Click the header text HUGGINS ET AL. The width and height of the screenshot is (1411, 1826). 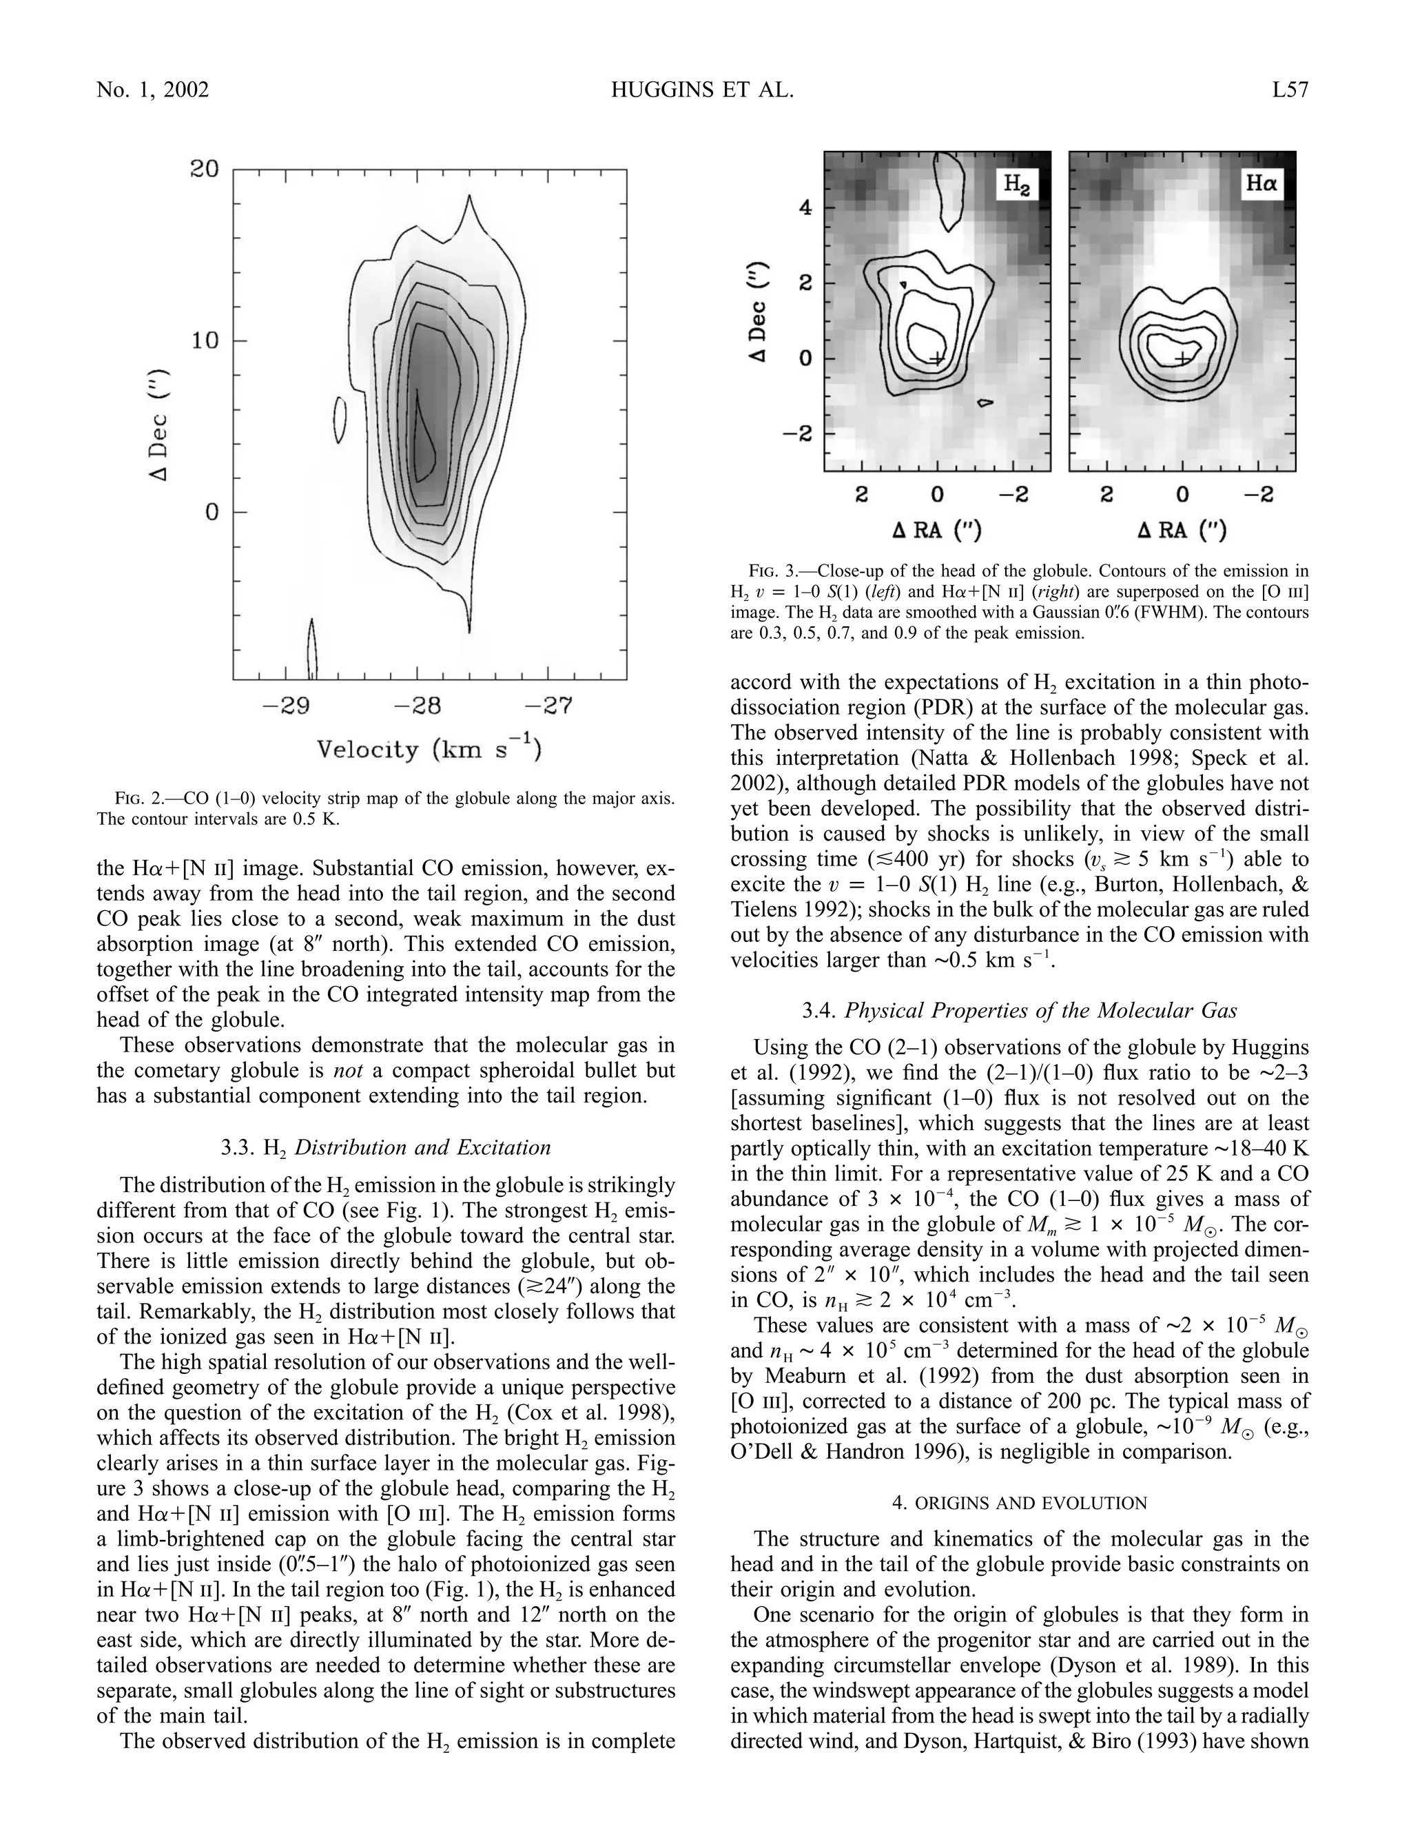click(702, 90)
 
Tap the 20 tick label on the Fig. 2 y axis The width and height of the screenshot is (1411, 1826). click(204, 169)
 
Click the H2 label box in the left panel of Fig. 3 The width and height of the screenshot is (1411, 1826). click(1016, 185)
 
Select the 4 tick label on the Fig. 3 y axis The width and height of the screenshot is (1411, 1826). click(805, 207)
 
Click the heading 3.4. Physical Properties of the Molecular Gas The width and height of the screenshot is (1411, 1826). click(1020, 1011)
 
